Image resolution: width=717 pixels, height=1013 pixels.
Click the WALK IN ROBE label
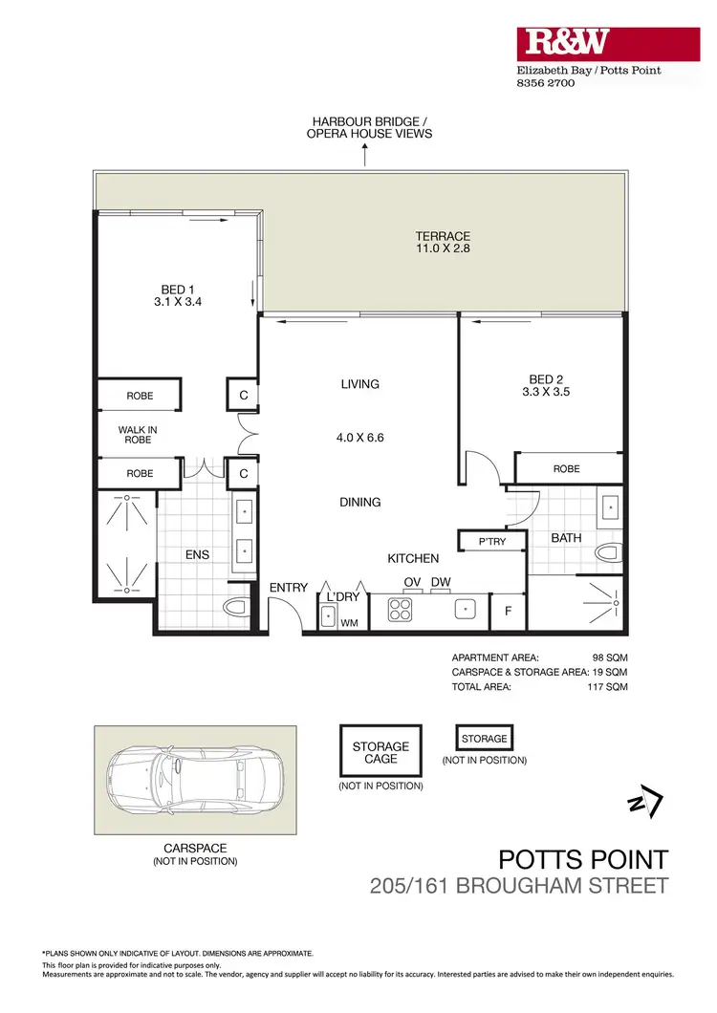pos(138,436)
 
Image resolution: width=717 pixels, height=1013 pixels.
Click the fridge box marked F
pos(507,612)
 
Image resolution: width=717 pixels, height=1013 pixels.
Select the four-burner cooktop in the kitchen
pos(399,611)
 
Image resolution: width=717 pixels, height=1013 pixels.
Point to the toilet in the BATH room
pos(608,553)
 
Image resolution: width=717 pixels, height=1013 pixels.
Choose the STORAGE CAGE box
pos(380,752)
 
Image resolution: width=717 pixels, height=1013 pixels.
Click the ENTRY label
pos(288,587)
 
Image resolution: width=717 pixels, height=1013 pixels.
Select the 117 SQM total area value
pos(609,686)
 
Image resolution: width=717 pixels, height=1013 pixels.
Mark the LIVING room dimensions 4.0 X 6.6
pos(360,439)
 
